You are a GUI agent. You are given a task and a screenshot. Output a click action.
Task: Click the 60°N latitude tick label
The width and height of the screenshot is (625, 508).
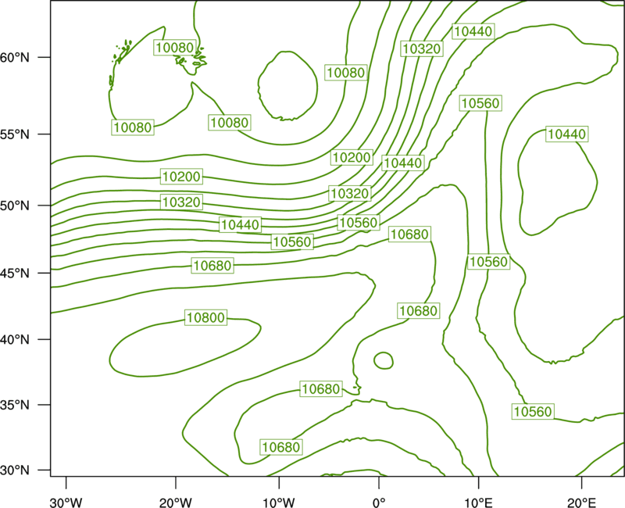(x=15, y=58)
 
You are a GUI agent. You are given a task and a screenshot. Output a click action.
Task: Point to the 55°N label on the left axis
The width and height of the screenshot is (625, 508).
(x=15, y=134)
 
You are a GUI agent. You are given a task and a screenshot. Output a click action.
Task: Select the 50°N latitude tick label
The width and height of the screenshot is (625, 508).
(x=15, y=206)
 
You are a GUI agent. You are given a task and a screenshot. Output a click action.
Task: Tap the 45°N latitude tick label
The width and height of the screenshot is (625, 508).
(x=15, y=273)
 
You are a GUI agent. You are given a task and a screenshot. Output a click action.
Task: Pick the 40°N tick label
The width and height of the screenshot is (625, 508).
(x=15, y=340)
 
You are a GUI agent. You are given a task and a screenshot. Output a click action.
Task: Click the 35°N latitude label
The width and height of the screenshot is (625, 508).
(x=15, y=405)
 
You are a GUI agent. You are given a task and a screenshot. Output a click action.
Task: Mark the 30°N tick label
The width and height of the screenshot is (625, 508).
(x=15, y=470)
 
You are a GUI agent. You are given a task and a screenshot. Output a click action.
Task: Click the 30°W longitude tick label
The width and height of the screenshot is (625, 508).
(x=66, y=503)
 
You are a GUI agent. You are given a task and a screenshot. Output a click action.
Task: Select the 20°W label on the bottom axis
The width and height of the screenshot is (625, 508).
(x=175, y=503)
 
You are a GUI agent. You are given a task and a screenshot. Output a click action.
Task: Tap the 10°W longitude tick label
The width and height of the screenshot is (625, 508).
(x=279, y=503)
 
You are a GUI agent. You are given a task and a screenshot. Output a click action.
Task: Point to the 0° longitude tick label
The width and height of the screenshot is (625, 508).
(x=379, y=503)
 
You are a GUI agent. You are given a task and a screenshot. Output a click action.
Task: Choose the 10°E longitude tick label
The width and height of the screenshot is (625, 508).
(x=478, y=503)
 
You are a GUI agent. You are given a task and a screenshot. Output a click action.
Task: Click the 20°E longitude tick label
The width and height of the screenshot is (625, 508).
(x=581, y=503)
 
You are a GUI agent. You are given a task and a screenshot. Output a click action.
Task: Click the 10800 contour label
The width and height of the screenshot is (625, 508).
(x=205, y=317)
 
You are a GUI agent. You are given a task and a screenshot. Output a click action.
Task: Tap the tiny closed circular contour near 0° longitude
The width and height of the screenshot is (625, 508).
(x=384, y=352)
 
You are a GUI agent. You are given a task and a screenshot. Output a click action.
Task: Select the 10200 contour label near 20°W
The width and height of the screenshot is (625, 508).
(x=181, y=177)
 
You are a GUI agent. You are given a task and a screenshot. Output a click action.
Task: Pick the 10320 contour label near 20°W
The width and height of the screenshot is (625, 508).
(x=181, y=202)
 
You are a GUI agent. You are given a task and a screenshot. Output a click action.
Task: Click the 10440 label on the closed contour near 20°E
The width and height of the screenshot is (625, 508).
(x=567, y=134)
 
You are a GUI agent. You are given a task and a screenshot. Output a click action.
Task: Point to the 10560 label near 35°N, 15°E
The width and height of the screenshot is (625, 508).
(x=533, y=411)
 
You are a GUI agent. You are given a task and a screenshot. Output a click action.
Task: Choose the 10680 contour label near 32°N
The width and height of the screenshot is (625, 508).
(x=281, y=447)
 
